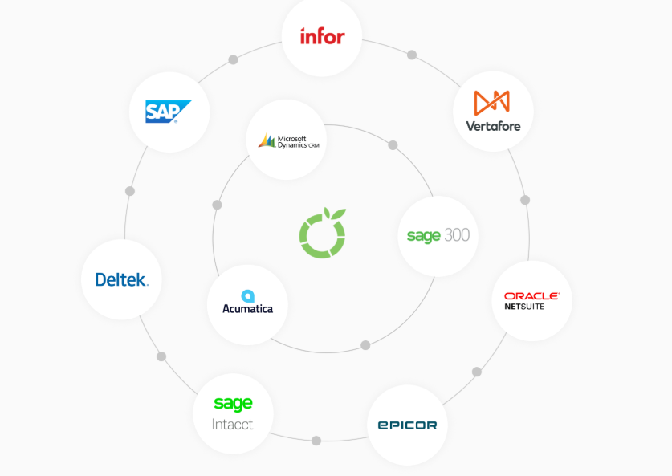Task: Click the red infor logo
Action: click(x=322, y=36)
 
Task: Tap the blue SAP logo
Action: click(x=169, y=112)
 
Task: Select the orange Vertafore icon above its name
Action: click(x=492, y=102)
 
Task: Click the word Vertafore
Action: click(x=493, y=125)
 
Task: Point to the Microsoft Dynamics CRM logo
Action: click(x=286, y=140)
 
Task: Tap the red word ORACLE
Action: click(x=531, y=296)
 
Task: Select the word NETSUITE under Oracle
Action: click(x=524, y=307)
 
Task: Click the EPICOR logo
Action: click(x=407, y=425)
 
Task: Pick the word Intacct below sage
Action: click(x=233, y=424)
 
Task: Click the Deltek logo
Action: click(x=121, y=279)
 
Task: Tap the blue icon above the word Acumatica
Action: click(x=248, y=295)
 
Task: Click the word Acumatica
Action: click(x=247, y=308)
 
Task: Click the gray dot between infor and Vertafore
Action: click(x=412, y=55)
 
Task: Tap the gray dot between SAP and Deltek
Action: click(x=130, y=191)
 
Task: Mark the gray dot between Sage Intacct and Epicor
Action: click(x=316, y=441)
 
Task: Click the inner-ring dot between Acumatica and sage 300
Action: click(x=365, y=345)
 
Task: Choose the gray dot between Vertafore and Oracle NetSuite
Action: click(x=525, y=200)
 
